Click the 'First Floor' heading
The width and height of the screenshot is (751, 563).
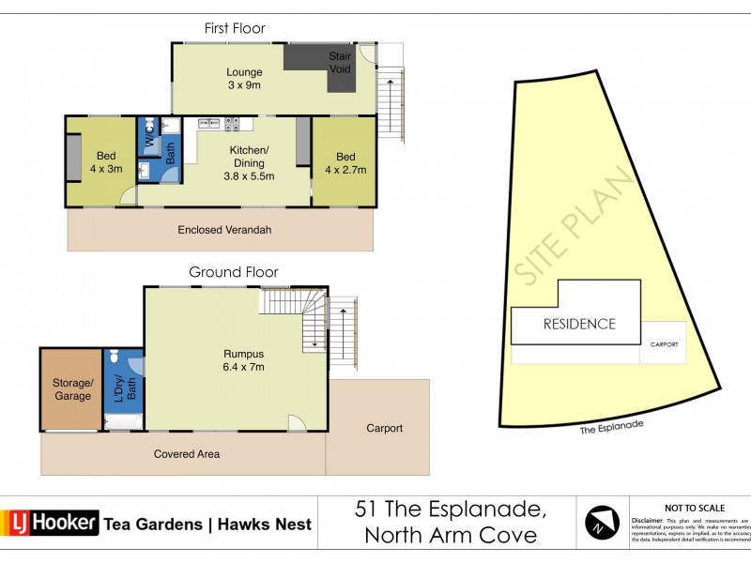[235, 28]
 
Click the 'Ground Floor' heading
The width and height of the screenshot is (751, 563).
[234, 272]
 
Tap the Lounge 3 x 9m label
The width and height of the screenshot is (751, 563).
[243, 79]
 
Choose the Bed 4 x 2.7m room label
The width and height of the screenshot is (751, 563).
[345, 162]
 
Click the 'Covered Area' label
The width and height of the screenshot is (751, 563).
[186, 454]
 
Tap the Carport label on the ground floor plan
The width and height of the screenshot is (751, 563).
[384, 428]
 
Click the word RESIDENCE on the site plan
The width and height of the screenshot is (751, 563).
[579, 324]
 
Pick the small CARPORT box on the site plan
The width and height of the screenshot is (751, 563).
[664, 343]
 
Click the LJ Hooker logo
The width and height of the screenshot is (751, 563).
[52, 523]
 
